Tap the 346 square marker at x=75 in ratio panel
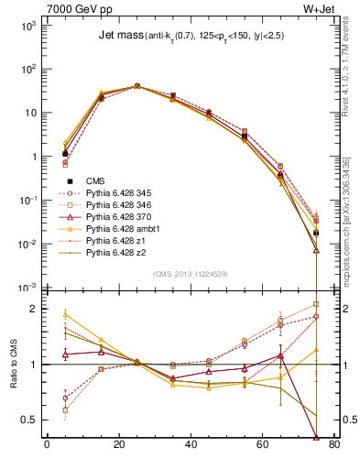(316, 304)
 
